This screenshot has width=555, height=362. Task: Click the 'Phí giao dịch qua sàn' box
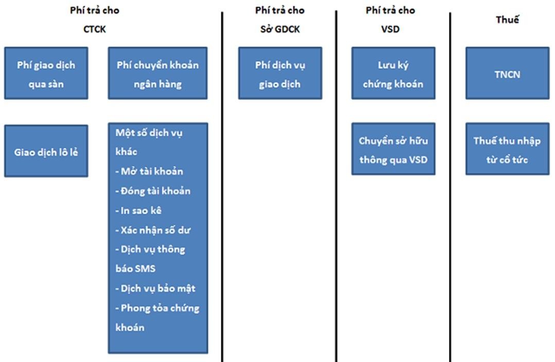coord(46,74)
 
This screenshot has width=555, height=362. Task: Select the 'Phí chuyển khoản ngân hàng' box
coord(158,74)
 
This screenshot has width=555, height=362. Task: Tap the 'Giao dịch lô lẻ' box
coord(46,152)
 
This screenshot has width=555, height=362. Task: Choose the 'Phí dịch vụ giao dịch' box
coord(280,74)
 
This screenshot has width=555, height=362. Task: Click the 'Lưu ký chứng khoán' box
coord(393,74)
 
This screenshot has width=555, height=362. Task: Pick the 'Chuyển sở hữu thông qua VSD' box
coord(393,150)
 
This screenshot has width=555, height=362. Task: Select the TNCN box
coord(507,74)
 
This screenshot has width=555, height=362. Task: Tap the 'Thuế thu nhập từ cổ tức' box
coord(507,150)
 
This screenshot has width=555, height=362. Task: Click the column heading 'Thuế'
coord(507,20)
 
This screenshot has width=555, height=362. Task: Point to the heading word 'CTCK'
coord(94,29)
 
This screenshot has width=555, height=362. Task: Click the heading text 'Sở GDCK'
coord(280,29)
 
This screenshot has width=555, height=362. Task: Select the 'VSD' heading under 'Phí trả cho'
coord(390,29)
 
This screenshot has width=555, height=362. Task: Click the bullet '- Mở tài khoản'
coord(149,171)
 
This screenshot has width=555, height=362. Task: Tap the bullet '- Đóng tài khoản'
coord(153,191)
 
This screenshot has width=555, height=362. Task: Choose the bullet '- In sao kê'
coord(138,210)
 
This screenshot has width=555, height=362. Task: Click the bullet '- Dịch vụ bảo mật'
coord(155,288)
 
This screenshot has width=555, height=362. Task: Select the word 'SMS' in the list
coord(144,268)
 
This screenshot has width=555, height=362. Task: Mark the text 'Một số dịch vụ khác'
coord(149,142)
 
